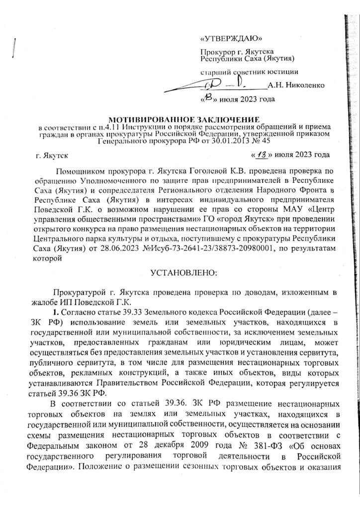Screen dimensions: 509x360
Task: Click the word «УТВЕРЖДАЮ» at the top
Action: coord(230,39)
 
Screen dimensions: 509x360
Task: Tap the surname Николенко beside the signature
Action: coord(296,85)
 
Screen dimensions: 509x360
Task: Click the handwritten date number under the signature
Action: coord(207,98)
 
